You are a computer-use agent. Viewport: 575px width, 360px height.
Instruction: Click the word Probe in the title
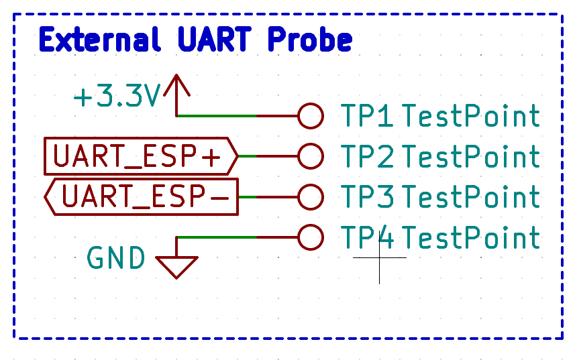309,40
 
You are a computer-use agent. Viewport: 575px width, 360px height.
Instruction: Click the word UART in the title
216,40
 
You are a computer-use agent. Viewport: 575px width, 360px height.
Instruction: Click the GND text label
116,258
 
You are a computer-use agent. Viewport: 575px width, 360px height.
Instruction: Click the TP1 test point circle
310,116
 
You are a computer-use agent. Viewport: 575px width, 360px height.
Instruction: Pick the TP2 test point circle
310,156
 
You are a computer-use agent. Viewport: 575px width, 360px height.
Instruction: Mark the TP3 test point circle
310,197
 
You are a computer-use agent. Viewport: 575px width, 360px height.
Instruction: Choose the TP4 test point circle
310,237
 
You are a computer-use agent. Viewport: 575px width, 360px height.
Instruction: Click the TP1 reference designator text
368,117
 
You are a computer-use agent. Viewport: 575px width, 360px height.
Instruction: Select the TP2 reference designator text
368,157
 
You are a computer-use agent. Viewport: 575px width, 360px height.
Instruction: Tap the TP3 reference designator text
368,198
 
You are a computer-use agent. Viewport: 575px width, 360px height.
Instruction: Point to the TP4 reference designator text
368,238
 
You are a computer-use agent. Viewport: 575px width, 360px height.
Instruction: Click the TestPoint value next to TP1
471,117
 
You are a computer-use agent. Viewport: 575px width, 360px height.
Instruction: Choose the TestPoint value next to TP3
471,198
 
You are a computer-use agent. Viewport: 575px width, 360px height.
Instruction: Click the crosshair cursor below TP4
379,257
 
